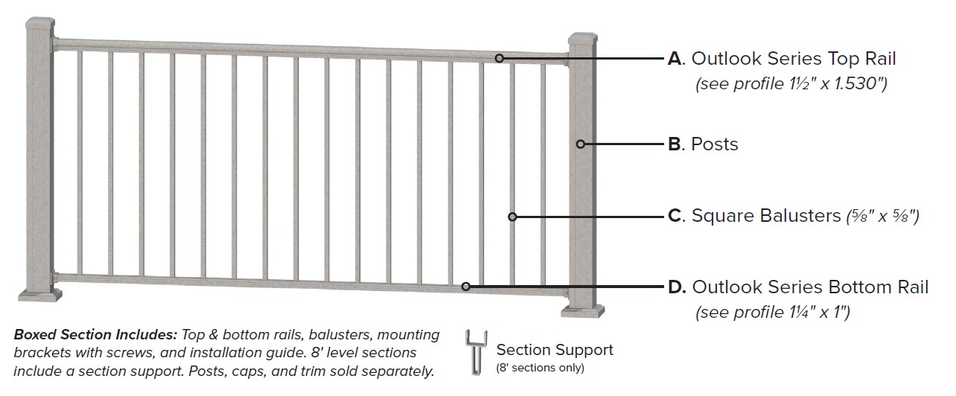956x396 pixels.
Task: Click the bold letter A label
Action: pos(675,58)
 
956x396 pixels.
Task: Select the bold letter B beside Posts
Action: pos(675,144)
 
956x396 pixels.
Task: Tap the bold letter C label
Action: pos(675,216)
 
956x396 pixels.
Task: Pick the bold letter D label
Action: pos(676,287)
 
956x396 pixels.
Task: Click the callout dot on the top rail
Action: pos(500,58)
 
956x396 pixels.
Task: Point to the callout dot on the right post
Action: pos(582,144)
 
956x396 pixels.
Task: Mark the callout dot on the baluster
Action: pos(512,217)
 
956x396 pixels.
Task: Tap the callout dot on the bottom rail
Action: pos(465,287)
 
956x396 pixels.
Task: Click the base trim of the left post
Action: pos(39,296)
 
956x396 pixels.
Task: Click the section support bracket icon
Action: pos(475,353)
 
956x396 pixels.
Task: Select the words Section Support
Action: pos(555,350)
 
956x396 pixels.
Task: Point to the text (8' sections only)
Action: pos(540,368)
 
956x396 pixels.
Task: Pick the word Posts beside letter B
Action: pos(715,144)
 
